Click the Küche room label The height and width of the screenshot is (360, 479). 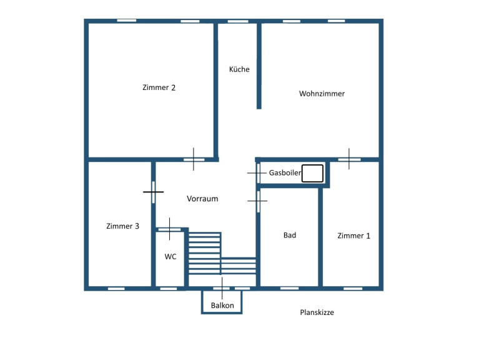tap(239, 69)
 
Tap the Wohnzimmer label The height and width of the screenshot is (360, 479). tap(322, 94)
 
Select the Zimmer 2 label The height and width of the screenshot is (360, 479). tap(159, 87)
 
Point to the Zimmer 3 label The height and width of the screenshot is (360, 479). tap(122, 226)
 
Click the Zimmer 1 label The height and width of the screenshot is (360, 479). tap(353, 236)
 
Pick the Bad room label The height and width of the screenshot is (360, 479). tap(290, 235)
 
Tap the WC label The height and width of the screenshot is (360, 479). tap(170, 257)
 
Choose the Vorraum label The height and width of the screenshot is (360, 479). tap(202, 199)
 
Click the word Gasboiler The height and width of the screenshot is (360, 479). tap(285, 172)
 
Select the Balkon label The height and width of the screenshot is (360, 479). tap(222, 305)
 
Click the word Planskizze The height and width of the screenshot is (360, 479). tap(317, 312)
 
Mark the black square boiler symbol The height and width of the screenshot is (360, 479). tap(312, 173)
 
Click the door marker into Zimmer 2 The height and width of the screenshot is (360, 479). tap(194, 159)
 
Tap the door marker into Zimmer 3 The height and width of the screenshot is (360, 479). tap(154, 192)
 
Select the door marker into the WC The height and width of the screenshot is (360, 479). tap(169, 229)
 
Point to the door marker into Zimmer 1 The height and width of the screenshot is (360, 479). tap(349, 159)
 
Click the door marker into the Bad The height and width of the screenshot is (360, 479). tap(258, 201)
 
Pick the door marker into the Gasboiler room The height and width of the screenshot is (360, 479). tap(258, 173)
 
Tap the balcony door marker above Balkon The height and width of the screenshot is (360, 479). tap(222, 288)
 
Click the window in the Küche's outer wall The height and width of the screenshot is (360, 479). tap(238, 21)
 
